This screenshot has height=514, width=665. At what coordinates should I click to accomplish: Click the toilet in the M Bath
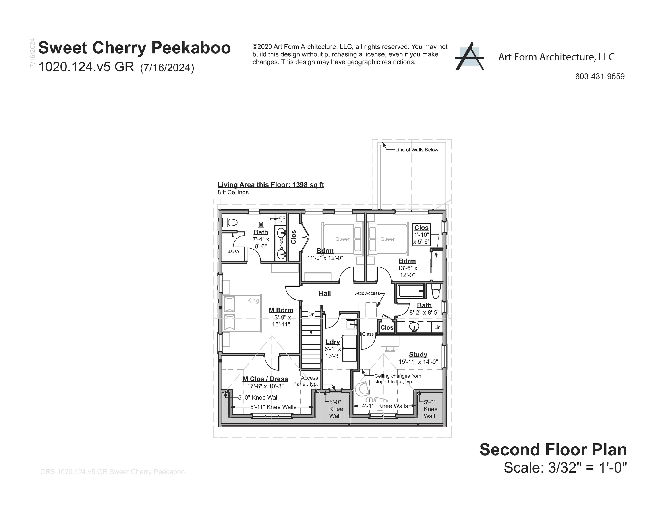click(230, 223)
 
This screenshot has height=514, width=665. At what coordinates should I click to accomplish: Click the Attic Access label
click(367, 293)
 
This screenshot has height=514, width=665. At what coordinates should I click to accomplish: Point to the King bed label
click(253, 301)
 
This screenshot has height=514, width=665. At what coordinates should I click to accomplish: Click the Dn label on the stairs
click(311, 314)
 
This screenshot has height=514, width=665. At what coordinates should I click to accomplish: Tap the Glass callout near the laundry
click(367, 334)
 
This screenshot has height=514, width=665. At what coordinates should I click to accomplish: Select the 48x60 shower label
click(233, 252)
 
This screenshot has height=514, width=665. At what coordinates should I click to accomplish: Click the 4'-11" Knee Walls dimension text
click(385, 406)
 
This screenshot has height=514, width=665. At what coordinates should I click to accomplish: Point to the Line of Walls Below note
click(416, 150)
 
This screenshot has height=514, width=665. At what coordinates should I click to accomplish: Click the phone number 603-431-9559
click(600, 77)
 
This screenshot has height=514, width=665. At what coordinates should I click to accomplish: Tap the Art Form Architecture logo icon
click(469, 56)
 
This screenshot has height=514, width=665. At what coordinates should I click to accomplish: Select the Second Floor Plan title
click(553, 450)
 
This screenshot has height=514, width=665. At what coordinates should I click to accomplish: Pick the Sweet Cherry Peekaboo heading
click(134, 48)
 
